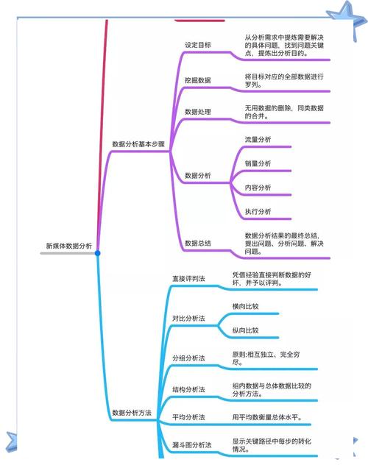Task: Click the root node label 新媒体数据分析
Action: (68, 246)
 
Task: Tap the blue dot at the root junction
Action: (97, 253)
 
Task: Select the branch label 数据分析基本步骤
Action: (138, 144)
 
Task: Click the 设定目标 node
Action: (198, 45)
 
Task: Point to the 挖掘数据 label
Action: (198, 80)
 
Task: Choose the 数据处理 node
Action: (198, 112)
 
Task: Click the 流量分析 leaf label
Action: (258, 140)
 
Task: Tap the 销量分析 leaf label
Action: (258, 163)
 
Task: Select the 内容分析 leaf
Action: (258, 188)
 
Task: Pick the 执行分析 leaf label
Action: (258, 211)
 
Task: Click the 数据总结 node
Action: (198, 244)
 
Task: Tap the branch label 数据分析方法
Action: (132, 413)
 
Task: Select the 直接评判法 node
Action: (188, 279)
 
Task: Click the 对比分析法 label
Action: (188, 319)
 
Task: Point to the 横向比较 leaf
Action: (245, 306)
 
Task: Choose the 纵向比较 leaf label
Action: (245, 330)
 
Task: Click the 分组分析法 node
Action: (188, 358)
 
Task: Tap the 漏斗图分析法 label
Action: (192, 445)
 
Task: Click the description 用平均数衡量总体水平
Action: (267, 417)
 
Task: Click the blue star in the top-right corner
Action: (347, 18)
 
